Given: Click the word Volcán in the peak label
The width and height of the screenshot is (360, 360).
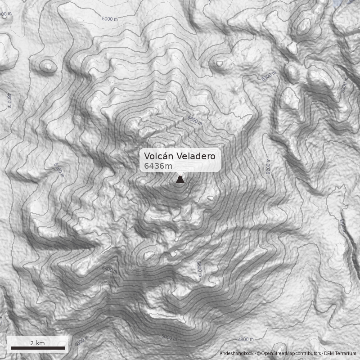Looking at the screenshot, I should click(158, 156).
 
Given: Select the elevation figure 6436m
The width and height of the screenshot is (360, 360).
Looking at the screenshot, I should click(158, 166).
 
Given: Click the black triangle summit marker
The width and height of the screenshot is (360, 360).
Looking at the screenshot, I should click(180, 180).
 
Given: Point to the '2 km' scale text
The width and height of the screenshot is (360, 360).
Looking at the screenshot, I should click(37, 343).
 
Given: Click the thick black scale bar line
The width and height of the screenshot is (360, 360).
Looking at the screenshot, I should click(38, 348).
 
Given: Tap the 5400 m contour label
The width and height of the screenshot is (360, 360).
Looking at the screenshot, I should click(110, 270).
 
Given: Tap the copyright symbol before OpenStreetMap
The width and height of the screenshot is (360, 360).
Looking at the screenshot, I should click(259, 354).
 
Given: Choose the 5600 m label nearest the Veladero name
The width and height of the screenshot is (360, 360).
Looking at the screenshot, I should click(195, 120).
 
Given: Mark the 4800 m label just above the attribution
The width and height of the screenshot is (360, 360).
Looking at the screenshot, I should click(246, 339).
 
